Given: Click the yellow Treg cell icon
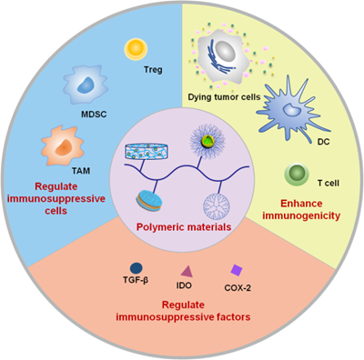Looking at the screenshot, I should (x=136, y=46).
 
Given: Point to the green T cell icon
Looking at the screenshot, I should (x=297, y=173).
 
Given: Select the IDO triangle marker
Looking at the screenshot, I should (x=187, y=270).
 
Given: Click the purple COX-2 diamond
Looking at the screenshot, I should (x=237, y=270).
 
